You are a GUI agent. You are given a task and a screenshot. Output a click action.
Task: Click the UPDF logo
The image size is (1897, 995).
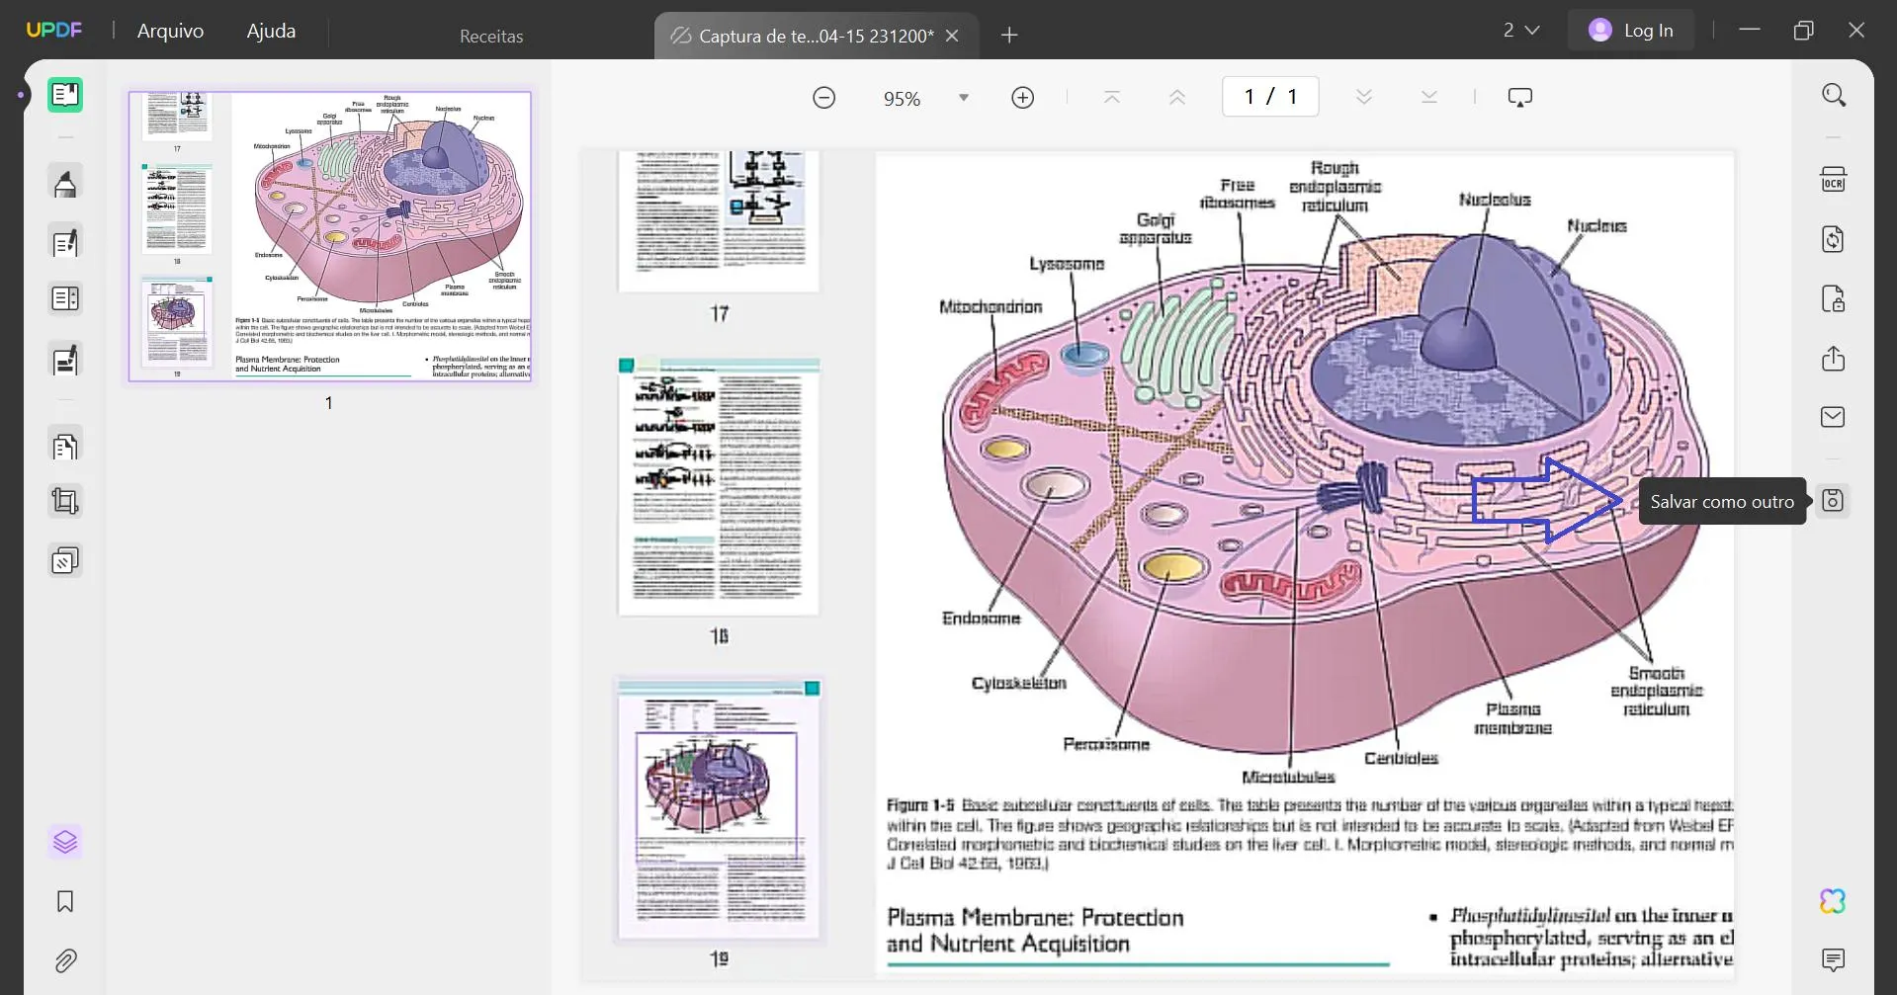point(54,31)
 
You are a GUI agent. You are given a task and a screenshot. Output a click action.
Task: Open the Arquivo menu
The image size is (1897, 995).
point(170,31)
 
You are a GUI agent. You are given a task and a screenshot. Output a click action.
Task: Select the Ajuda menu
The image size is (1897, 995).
point(271,31)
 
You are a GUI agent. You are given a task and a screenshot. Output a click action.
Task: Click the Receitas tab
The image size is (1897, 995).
point(491,36)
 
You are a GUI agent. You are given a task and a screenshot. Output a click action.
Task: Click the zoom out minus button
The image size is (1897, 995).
point(823,97)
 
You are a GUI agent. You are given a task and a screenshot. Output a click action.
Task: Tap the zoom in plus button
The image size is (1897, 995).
point(1022,97)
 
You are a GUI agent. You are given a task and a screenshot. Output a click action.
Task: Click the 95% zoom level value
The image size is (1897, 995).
point(902,98)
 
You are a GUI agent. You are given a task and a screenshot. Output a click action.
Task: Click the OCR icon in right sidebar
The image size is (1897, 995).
point(1833,180)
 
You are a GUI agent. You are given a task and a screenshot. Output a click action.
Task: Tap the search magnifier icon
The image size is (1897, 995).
point(1833,95)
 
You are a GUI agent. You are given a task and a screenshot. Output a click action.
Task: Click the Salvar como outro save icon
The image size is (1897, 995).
point(1832,501)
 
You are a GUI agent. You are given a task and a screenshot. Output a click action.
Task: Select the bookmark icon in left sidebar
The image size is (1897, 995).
point(65,901)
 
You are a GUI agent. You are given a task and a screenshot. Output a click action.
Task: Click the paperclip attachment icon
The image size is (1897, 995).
point(65,960)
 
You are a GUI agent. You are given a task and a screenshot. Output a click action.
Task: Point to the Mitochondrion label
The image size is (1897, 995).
point(991,307)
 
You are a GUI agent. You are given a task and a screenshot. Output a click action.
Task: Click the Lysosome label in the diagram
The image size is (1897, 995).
point(1067,264)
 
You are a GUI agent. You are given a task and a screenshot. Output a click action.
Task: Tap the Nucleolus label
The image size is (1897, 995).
point(1494,200)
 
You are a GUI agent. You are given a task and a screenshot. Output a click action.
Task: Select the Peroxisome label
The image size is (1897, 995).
point(1106,744)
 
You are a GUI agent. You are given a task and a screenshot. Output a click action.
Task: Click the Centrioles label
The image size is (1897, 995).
point(1401,758)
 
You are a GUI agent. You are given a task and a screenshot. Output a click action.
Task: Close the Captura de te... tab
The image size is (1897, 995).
point(952,36)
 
